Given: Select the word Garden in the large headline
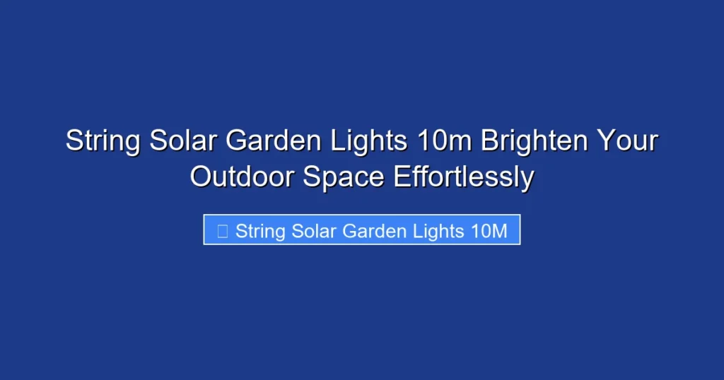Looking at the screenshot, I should point(274,141).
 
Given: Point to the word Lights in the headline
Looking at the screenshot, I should point(368,141).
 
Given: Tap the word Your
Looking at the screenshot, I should point(628,141).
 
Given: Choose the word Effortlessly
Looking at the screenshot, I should point(463,177).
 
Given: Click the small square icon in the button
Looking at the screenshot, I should point(222,230).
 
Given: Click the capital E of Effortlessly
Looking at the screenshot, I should point(400,177).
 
